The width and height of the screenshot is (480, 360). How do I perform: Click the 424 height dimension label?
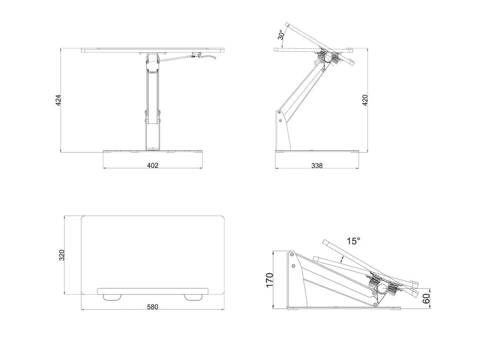coord(58,100)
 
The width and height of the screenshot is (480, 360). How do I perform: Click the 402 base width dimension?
coord(152,165)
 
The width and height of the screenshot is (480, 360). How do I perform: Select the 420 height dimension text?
coord(365,100)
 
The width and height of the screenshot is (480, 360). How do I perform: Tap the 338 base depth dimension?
coord(317,165)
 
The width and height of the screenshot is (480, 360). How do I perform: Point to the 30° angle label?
coord(281,35)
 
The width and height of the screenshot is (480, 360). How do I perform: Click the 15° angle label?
coord(354,241)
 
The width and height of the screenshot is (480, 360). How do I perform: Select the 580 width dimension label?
coord(152,307)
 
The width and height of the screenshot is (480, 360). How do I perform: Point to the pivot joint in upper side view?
coord(328,58)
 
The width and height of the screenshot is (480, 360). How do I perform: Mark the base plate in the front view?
coord(152,152)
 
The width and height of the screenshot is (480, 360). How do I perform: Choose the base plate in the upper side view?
coord(316,152)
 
